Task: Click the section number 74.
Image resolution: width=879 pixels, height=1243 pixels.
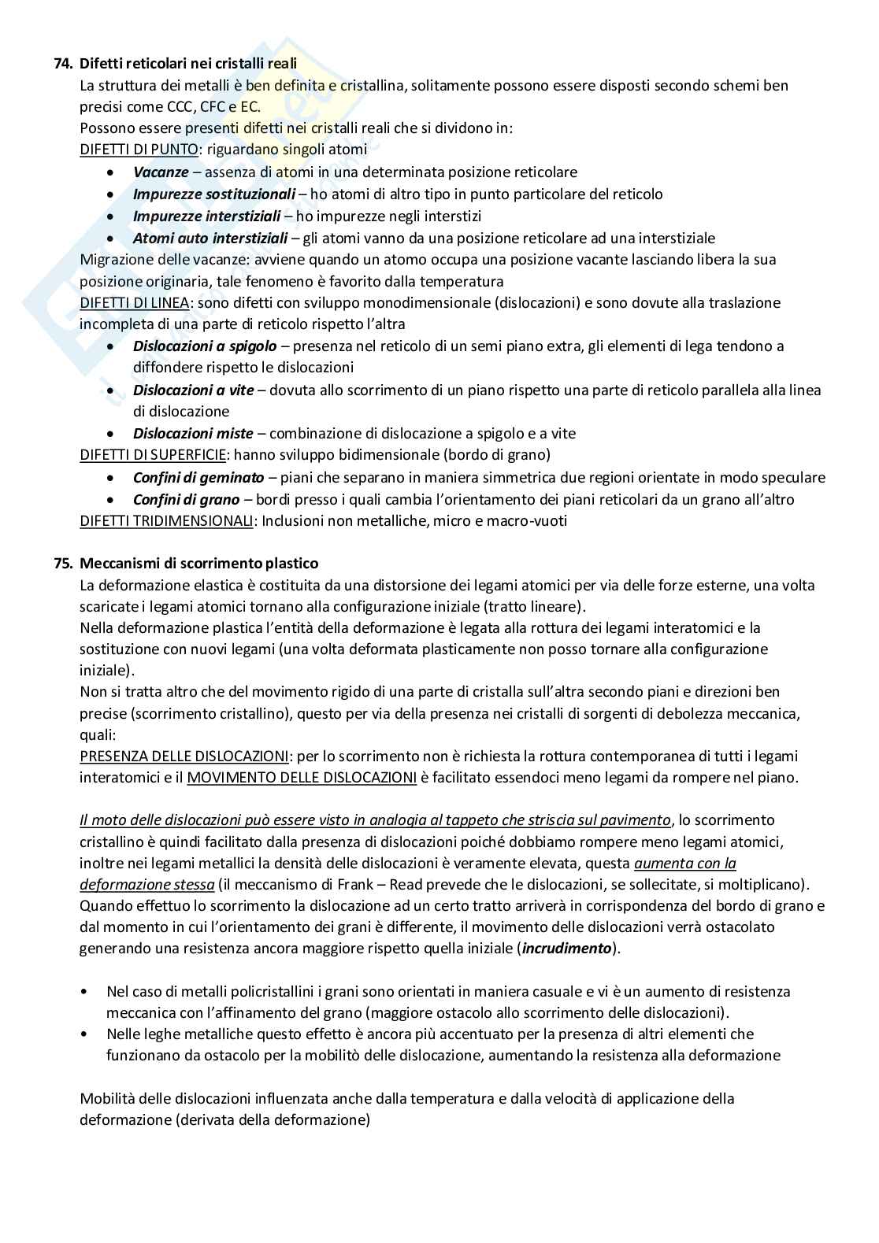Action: click(63, 64)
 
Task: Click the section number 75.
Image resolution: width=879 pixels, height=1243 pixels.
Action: click(63, 564)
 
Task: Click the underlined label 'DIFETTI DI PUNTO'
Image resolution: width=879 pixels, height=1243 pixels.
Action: click(139, 150)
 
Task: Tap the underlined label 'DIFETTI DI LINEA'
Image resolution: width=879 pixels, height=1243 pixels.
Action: click(134, 302)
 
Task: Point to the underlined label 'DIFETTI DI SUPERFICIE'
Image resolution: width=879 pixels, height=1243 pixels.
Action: click(154, 454)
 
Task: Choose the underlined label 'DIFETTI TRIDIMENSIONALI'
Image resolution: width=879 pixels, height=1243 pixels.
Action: click(167, 520)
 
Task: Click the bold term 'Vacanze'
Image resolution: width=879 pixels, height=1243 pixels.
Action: click(161, 172)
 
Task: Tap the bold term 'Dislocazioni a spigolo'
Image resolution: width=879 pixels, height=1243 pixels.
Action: click(205, 346)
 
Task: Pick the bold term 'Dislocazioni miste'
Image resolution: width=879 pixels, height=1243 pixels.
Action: click(193, 433)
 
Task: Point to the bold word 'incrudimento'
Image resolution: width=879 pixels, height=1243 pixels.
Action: click(567, 948)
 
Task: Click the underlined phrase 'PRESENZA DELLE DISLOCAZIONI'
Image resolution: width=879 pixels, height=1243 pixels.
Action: click(184, 756)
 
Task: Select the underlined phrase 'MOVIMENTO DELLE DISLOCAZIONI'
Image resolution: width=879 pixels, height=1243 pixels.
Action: click(302, 778)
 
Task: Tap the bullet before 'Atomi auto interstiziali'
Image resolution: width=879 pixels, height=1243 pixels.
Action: click(115, 239)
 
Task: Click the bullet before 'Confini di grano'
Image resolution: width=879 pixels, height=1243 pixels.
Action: click(115, 500)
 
